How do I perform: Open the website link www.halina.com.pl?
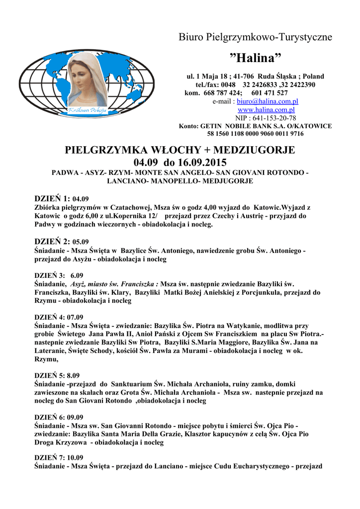click(x=266, y=109)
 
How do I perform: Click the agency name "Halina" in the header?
click(x=257, y=58)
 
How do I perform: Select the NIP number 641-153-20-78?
click(x=272, y=118)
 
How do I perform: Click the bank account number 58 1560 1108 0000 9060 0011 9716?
click(x=256, y=134)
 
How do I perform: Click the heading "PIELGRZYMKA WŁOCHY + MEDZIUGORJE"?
click(x=180, y=150)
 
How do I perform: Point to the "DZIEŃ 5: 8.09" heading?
click(x=57, y=375)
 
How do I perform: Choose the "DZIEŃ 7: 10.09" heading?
click(x=59, y=458)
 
